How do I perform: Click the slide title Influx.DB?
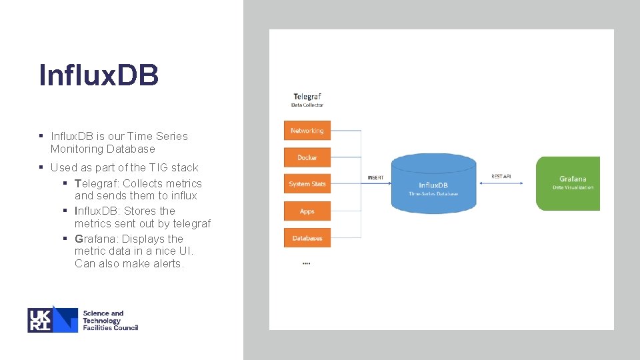pos(99,75)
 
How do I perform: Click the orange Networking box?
pos(307,131)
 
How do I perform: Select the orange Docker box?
pos(307,157)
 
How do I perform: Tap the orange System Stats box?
pos(307,184)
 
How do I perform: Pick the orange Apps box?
pos(307,211)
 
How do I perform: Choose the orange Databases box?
pos(307,238)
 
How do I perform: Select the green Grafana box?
pos(568,183)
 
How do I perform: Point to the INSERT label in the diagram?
pos(375,178)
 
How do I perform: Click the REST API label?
pos(501,176)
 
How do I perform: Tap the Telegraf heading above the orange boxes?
pos(307,97)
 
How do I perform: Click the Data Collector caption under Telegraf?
pos(307,105)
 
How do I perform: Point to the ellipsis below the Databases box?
pos(306,263)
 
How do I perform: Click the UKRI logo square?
pos(53,319)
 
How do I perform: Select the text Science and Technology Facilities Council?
pos(110,320)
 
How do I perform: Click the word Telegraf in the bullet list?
pos(95,183)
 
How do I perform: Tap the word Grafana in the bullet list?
pos(95,239)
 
